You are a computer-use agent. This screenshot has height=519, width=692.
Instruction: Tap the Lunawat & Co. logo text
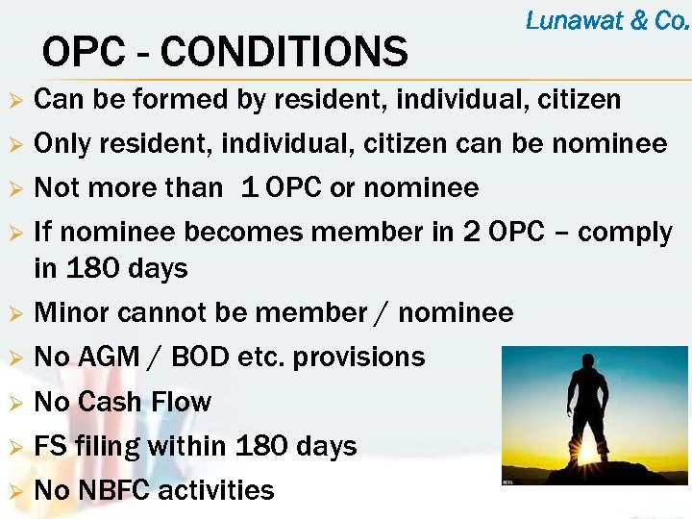click(607, 20)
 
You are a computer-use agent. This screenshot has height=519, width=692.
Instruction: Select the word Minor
click(72, 312)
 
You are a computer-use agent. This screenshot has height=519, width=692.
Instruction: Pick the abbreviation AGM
click(107, 357)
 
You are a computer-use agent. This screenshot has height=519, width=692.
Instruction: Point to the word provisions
click(358, 358)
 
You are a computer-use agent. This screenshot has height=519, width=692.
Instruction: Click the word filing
click(107, 447)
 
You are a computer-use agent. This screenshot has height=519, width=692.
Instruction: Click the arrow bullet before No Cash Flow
click(14, 402)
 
